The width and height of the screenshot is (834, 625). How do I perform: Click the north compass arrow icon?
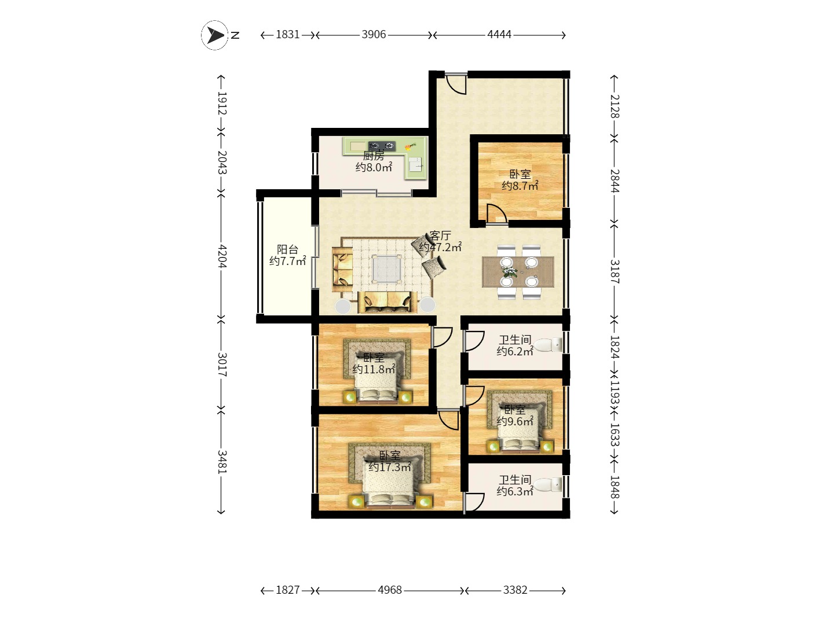tap(215, 35)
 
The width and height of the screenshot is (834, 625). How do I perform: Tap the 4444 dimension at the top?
tap(499, 35)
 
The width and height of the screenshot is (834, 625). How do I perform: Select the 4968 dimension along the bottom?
tap(390, 590)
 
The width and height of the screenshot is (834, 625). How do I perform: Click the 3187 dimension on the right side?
tap(614, 271)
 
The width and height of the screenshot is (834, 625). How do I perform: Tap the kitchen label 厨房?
tap(374, 156)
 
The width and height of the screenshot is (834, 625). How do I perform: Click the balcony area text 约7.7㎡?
tap(287, 262)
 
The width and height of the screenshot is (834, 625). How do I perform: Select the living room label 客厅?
tap(440, 236)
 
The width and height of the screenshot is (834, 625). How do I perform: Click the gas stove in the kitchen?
tap(382, 145)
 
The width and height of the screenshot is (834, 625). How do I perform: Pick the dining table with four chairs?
tap(518, 272)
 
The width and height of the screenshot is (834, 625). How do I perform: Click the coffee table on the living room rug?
tap(386, 269)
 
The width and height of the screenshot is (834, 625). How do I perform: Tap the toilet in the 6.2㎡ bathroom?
tap(548, 345)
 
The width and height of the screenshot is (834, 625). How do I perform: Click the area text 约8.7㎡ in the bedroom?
tap(520, 186)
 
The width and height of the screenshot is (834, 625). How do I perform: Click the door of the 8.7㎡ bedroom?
tap(496, 214)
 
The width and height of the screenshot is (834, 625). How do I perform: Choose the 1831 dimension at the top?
tap(287, 35)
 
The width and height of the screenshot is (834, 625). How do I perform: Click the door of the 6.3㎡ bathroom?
tap(474, 502)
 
